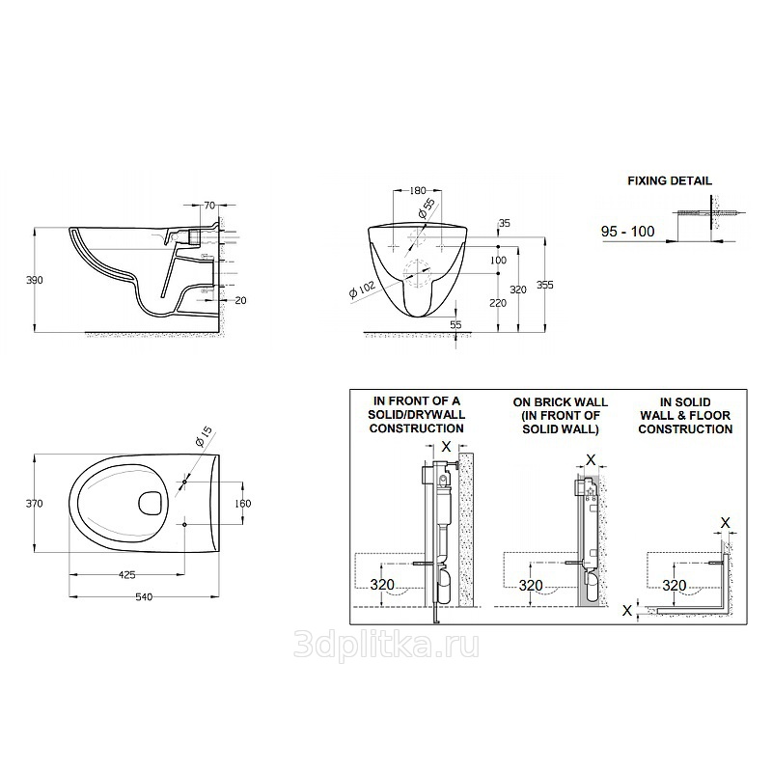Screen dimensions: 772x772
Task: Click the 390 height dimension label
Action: (35, 280)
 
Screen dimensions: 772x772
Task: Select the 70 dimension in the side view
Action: (209, 206)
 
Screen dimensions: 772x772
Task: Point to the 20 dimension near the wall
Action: (240, 300)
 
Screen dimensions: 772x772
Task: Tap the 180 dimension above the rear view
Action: (418, 190)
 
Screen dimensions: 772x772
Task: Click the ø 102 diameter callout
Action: (362, 289)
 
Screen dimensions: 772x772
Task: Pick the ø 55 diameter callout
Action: (427, 207)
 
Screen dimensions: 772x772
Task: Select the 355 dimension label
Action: (545, 285)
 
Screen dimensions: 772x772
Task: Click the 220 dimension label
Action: (498, 303)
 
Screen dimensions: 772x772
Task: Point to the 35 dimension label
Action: (504, 223)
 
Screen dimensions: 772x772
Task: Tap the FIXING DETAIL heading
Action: (670, 181)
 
